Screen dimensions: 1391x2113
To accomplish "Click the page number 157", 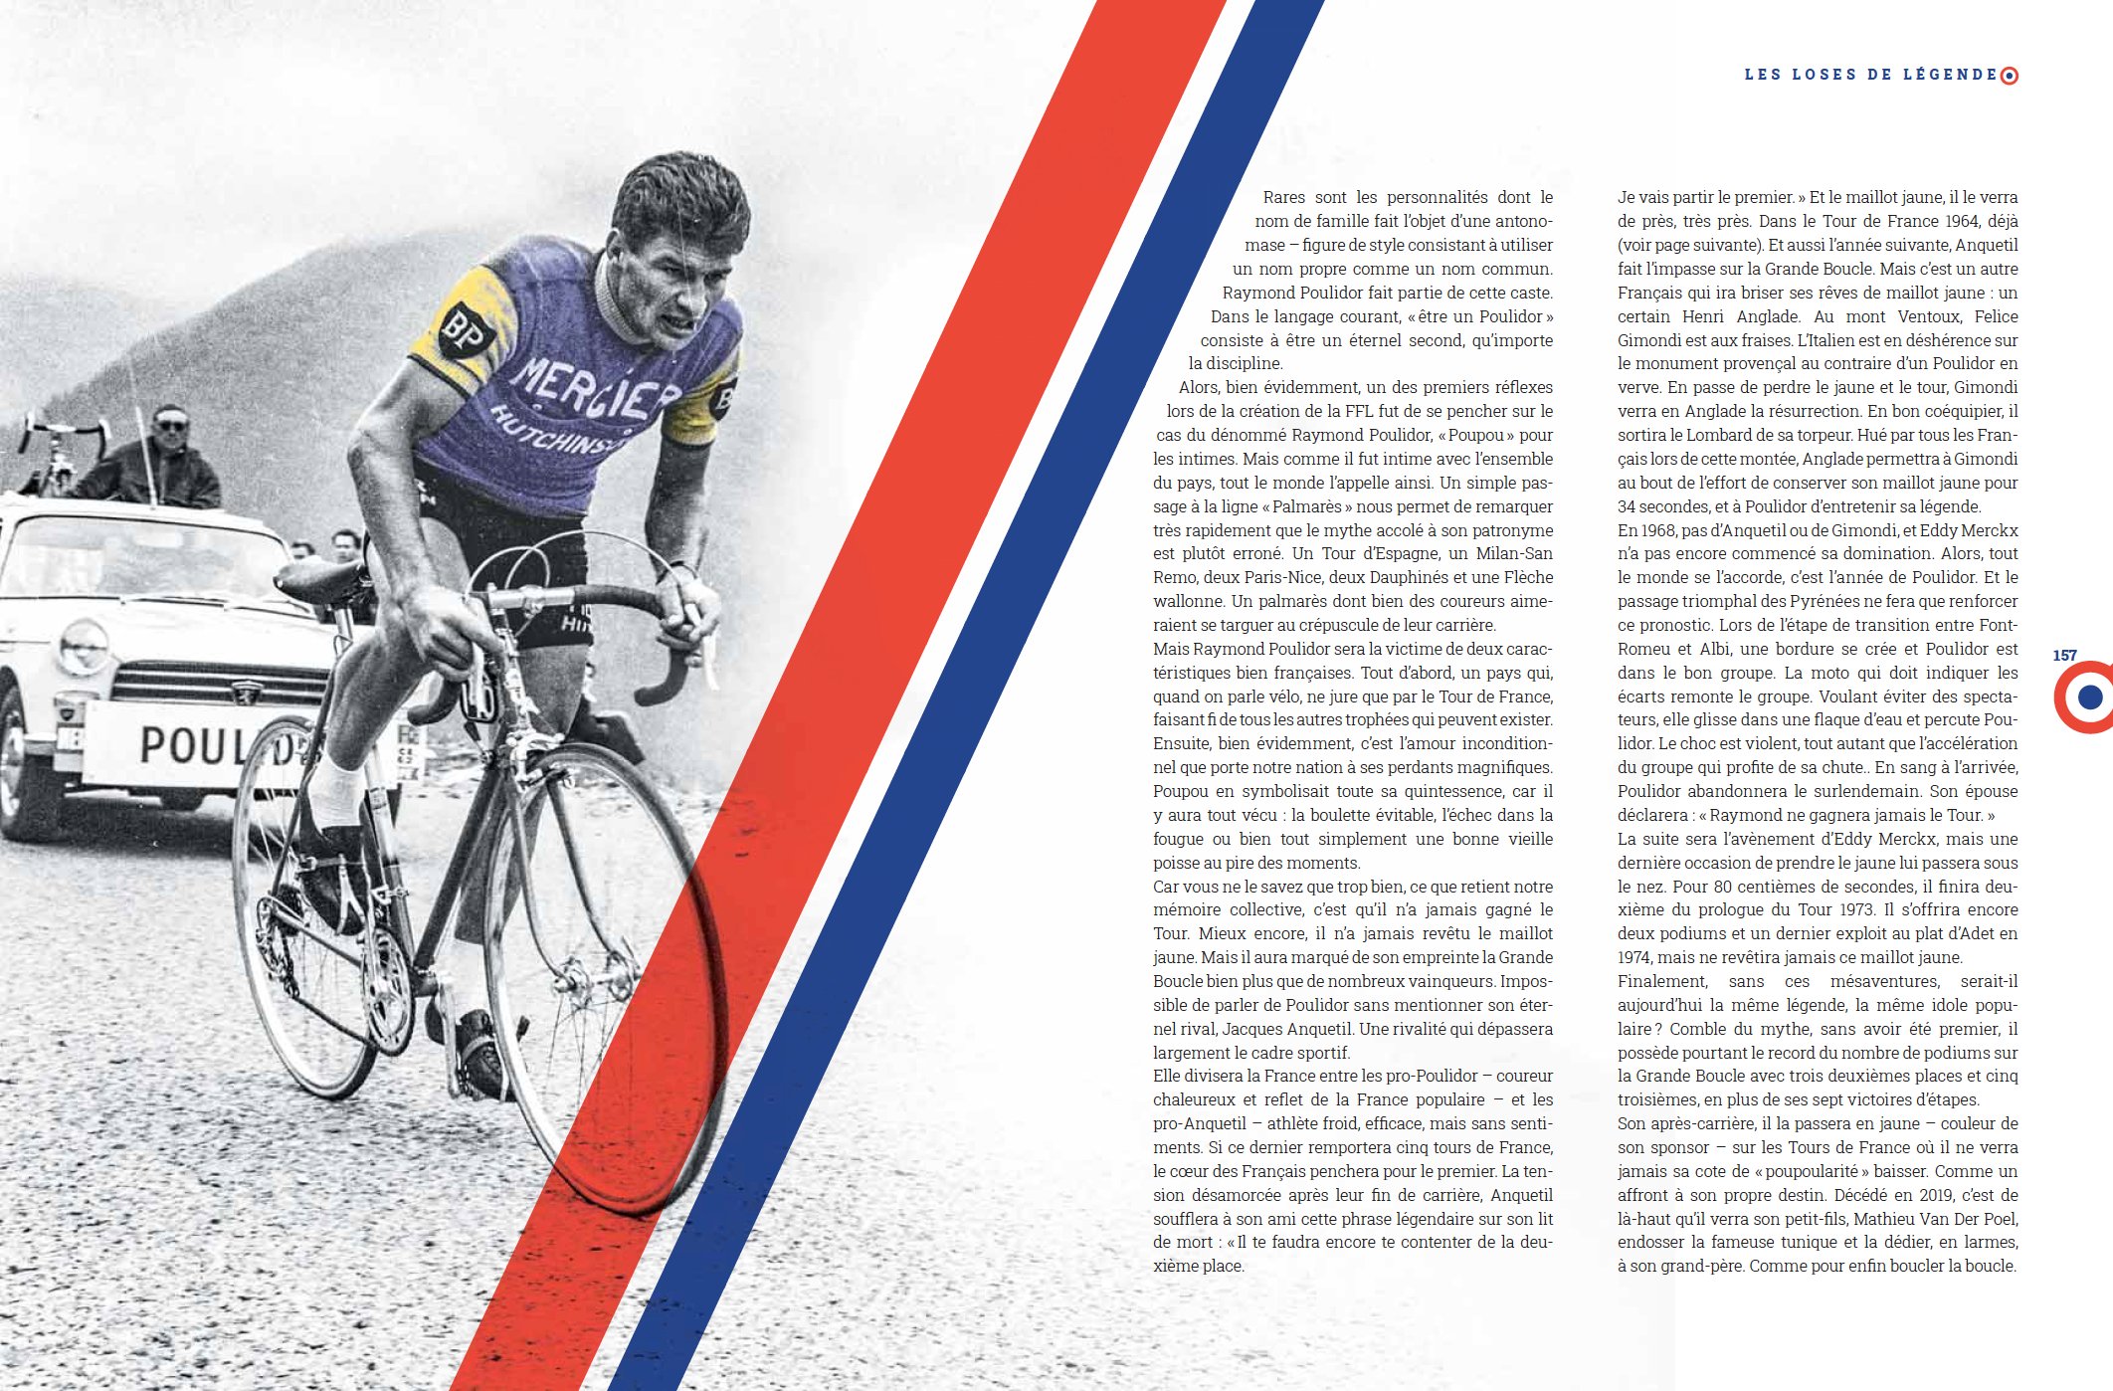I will point(2064,656).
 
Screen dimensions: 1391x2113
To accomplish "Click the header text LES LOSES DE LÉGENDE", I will point(1870,75).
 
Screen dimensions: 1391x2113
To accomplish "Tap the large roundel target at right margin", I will point(2088,696).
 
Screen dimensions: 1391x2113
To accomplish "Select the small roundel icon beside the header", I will point(2009,76).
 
